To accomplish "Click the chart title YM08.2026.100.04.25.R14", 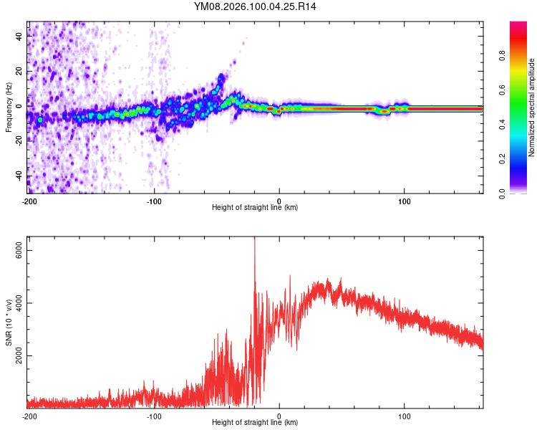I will coord(255,6).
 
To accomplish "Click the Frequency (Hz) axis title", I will coord(9,107).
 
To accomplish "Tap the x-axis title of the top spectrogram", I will coord(255,209).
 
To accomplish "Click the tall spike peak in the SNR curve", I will coord(254,240).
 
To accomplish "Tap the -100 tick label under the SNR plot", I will coord(153,416).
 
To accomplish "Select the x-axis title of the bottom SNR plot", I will coord(255,424).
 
